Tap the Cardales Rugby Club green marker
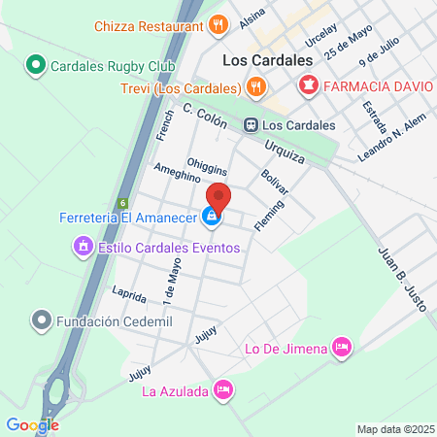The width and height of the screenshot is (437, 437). tap(35, 66)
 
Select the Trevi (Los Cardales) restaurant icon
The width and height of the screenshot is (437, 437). tap(256, 86)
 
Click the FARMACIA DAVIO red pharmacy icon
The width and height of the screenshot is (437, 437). tap(308, 86)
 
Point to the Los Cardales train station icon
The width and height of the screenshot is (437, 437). tap(251, 124)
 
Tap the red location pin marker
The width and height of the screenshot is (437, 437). tap(218, 197)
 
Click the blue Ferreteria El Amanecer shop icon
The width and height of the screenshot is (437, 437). tap(210, 218)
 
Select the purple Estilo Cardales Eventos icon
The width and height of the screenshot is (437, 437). tap(84, 248)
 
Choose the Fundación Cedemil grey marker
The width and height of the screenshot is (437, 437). tap(41, 319)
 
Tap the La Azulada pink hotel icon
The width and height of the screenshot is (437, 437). tap(222, 390)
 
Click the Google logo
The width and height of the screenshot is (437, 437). tap(32, 424)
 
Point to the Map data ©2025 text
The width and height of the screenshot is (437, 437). tap(394, 429)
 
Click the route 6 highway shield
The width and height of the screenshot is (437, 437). tap(123, 203)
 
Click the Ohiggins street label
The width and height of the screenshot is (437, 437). tap(207, 161)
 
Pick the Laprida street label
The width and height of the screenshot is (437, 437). tap(128, 294)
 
